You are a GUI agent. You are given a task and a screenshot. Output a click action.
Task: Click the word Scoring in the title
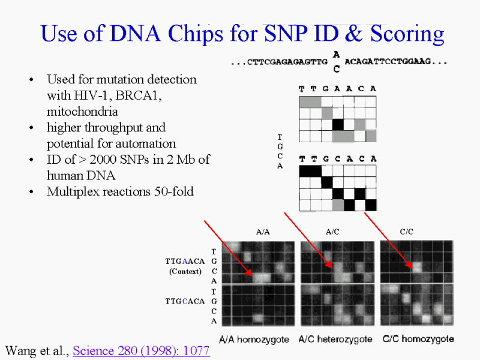[x=407, y=34]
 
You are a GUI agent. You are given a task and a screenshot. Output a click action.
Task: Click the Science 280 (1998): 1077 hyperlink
[x=141, y=351]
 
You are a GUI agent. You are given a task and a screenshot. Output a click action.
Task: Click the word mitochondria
[x=82, y=112]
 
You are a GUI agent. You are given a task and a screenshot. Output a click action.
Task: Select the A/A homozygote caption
[x=254, y=340]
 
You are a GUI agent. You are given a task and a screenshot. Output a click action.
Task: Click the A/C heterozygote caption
[x=335, y=339]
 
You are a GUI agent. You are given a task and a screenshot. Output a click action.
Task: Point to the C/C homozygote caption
[x=418, y=339]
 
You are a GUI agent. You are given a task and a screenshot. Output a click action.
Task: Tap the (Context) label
[x=185, y=272]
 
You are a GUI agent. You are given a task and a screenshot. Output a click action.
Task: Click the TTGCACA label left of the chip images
[x=185, y=302]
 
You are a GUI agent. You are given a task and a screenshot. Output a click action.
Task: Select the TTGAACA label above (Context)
[x=185, y=262]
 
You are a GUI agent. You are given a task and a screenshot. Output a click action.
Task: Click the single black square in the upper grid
[x=338, y=125]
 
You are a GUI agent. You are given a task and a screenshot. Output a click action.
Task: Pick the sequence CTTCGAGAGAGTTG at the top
[x=287, y=62]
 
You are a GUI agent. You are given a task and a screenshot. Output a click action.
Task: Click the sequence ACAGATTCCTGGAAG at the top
[x=388, y=62]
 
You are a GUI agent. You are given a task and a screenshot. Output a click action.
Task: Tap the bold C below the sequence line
[x=337, y=70]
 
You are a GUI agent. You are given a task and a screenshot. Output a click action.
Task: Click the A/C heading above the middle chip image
[x=332, y=232]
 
